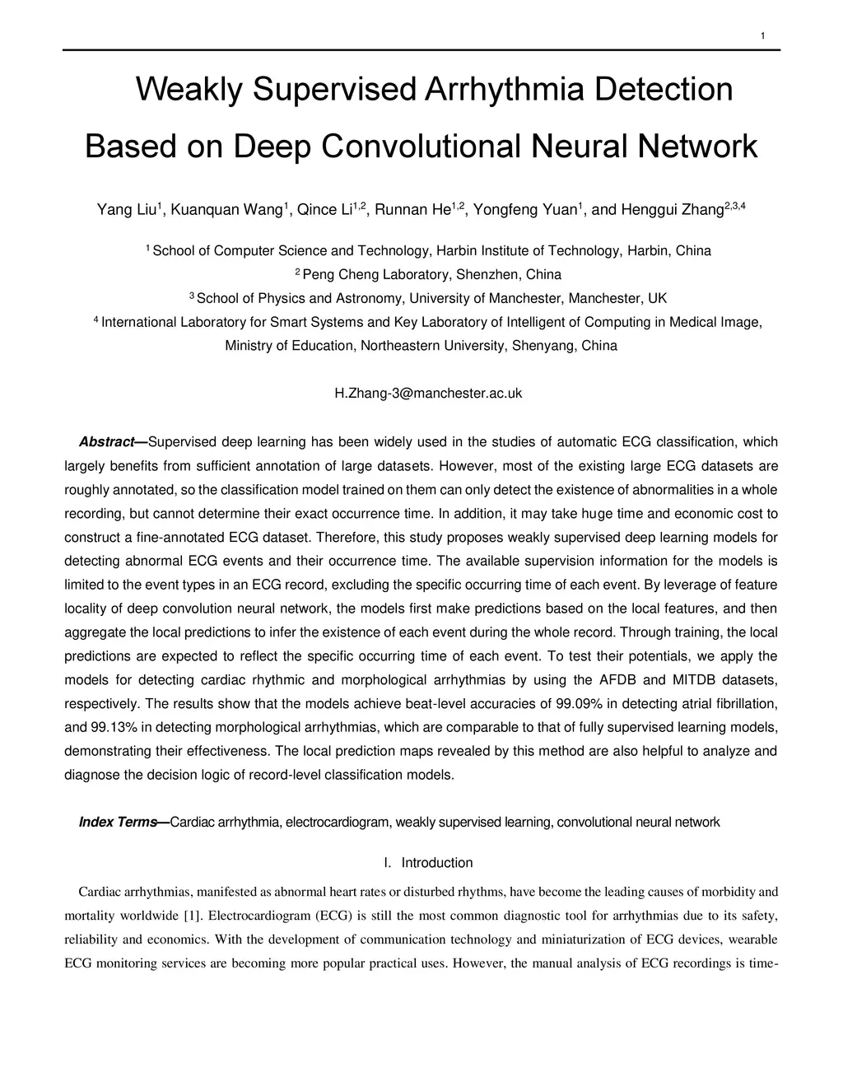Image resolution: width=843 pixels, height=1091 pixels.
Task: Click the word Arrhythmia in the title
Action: click(505, 89)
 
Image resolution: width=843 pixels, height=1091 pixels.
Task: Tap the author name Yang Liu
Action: click(127, 210)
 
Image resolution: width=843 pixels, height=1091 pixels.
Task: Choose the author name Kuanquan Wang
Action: click(226, 210)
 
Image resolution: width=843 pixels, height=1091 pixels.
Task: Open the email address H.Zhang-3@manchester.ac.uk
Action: click(428, 394)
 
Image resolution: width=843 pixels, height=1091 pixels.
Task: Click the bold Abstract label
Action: click(111, 442)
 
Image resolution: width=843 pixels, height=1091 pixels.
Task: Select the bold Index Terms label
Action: click(122, 822)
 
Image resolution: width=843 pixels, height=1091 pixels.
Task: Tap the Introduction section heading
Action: click(436, 863)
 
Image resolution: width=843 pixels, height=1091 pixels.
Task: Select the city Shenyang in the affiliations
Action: click(544, 346)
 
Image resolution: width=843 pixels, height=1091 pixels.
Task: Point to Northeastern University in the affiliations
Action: click(432, 346)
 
